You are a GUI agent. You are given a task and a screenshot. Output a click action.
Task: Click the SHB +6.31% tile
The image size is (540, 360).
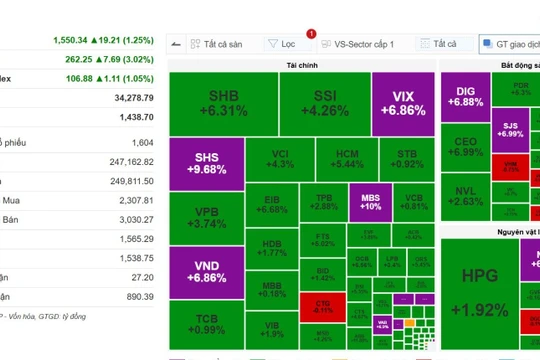(224, 104)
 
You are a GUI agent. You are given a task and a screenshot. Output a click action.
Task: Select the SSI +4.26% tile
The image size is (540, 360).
(325, 104)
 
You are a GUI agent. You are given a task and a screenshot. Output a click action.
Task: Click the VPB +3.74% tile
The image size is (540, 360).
(206, 218)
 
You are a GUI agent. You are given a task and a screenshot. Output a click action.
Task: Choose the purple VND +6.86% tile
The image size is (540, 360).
(206, 270)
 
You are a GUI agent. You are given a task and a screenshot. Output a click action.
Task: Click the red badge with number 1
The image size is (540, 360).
(311, 34)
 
